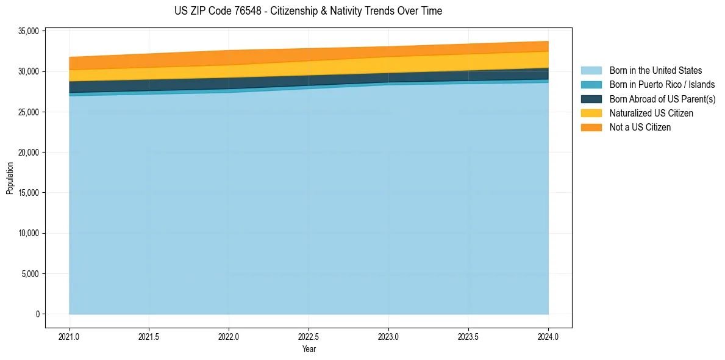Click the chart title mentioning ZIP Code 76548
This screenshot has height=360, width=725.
(x=308, y=11)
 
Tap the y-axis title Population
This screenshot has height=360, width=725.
(x=10, y=178)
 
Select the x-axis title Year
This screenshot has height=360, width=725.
(x=309, y=349)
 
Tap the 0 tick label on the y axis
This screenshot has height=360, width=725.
(x=37, y=314)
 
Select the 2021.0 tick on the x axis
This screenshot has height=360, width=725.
(x=70, y=336)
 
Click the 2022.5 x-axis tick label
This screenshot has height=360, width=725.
(x=309, y=336)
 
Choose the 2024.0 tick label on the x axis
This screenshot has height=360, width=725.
(x=548, y=336)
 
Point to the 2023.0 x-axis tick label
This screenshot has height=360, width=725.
(x=388, y=336)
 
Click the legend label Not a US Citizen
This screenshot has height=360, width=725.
(x=640, y=127)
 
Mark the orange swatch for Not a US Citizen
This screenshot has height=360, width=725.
(x=591, y=127)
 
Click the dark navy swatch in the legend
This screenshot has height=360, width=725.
(x=591, y=99)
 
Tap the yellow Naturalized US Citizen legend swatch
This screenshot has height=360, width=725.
(x=591, y=113)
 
